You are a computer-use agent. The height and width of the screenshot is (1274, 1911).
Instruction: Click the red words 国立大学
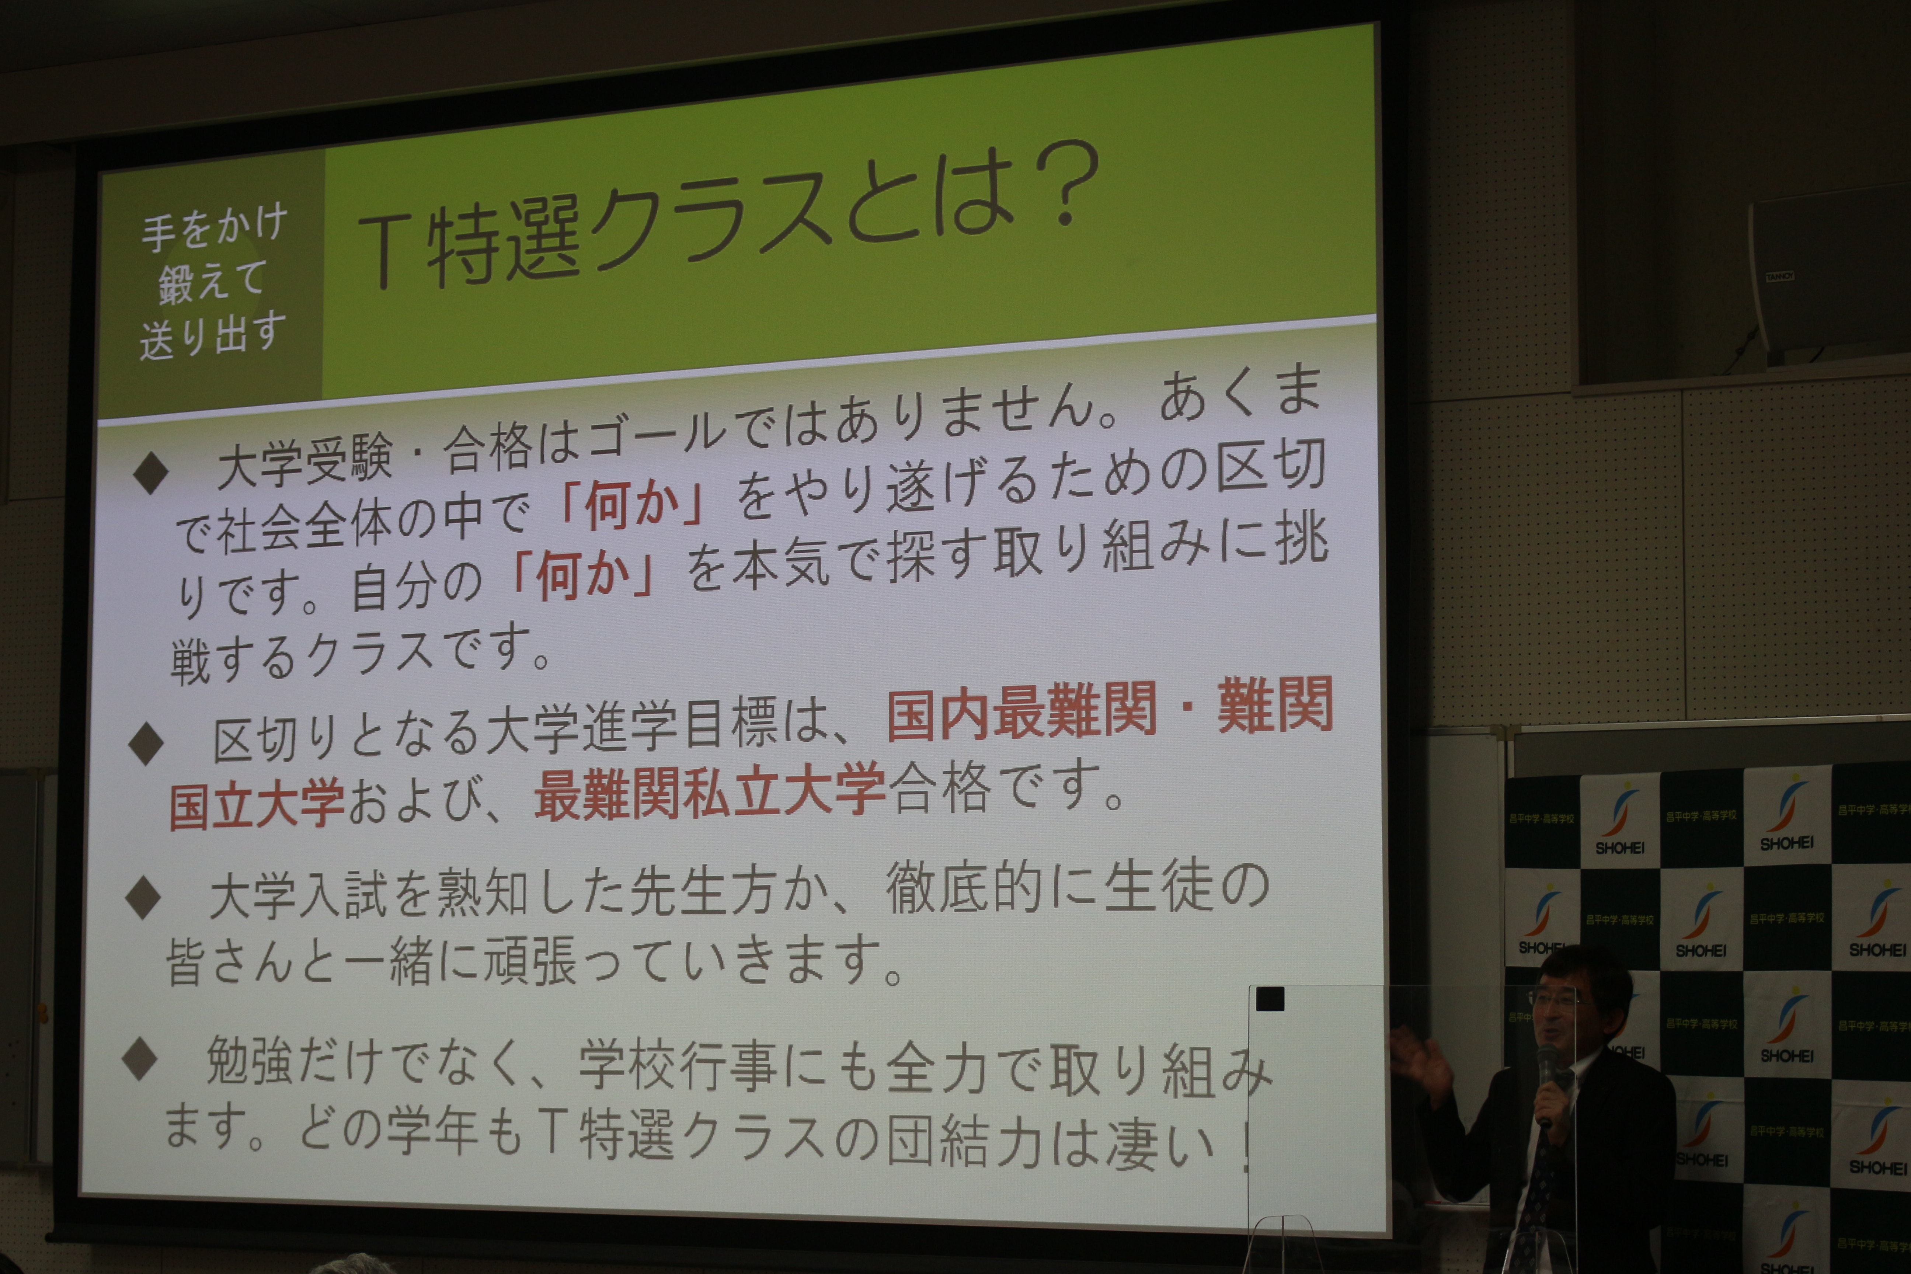258,802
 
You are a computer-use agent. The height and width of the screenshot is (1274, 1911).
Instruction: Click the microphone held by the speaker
1545,1082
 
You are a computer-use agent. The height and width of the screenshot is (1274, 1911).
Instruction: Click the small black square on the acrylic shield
1270,999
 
